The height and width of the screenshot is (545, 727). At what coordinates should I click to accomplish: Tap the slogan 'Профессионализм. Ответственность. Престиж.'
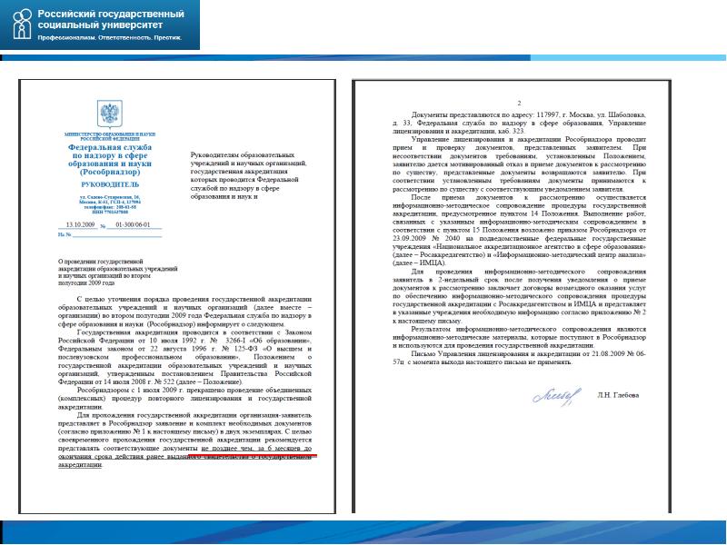(x=109, y=38)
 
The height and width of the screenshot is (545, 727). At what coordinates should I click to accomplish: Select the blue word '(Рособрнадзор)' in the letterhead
(x=109, y=171)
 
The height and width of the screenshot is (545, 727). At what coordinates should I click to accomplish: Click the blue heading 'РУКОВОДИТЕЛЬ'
(x=109, y=183)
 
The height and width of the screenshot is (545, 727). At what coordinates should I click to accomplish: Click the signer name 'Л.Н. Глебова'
(x=619, y=395)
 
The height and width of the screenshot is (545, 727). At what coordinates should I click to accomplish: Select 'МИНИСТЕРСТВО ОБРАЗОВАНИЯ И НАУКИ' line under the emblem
(x=109, y=133)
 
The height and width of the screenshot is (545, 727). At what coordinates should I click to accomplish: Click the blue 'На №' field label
(x=63, y=234)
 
